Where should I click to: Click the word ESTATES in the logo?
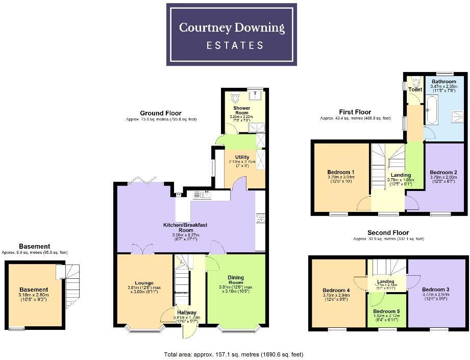pos(235,45)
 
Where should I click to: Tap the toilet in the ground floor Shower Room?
pos(235,98)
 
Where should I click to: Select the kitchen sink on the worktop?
pos(202,195)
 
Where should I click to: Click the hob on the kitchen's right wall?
pos(261,218)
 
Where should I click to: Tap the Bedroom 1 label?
pos(341,172)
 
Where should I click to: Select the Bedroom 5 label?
pos(386,311)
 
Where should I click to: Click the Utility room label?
pos(242,157)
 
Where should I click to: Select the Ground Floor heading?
pos(161,113)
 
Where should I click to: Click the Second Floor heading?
pos(388,232)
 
